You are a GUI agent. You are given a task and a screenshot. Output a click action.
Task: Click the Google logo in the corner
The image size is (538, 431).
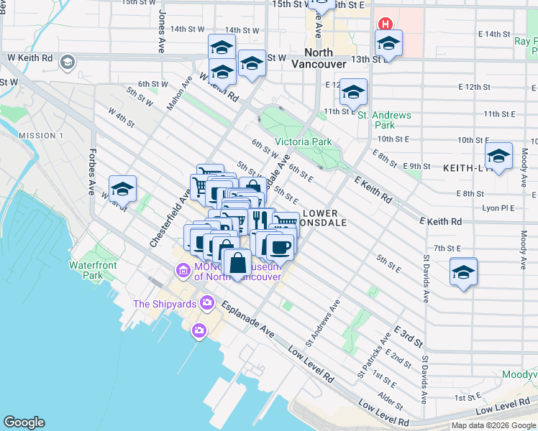pyautogui.click(x=24, y=422)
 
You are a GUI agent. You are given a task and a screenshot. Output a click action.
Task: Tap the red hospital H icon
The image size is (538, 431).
pyautogui.click(x=385, y=24)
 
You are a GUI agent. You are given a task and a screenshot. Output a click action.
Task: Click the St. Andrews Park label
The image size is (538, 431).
pyautogui.click(x=384, y=120)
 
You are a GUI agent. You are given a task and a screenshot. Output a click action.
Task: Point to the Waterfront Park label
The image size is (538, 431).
pyautogui.click(x=93, y=270)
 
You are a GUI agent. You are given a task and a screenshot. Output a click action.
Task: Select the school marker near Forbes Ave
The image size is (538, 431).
pyautogui.click(x=123, y=190)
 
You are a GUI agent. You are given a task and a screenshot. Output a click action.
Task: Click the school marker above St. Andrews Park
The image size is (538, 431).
pyautogui.click(x=353, y=93)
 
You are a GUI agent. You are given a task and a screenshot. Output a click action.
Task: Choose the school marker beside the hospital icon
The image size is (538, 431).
pyautogui.click(x=388, y=44)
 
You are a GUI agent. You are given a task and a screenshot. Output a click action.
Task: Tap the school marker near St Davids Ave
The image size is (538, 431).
pyautogui.click(x=463, y=272)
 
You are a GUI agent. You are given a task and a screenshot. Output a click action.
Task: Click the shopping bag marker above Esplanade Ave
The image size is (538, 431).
pyautogui.click(x=237, y=263)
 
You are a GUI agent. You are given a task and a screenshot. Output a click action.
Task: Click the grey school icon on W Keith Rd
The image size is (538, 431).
pyautogui.click(x=68, y=62)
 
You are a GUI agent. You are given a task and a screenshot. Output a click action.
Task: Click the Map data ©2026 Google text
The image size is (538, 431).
pyautogui.click(x=493, y=425)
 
